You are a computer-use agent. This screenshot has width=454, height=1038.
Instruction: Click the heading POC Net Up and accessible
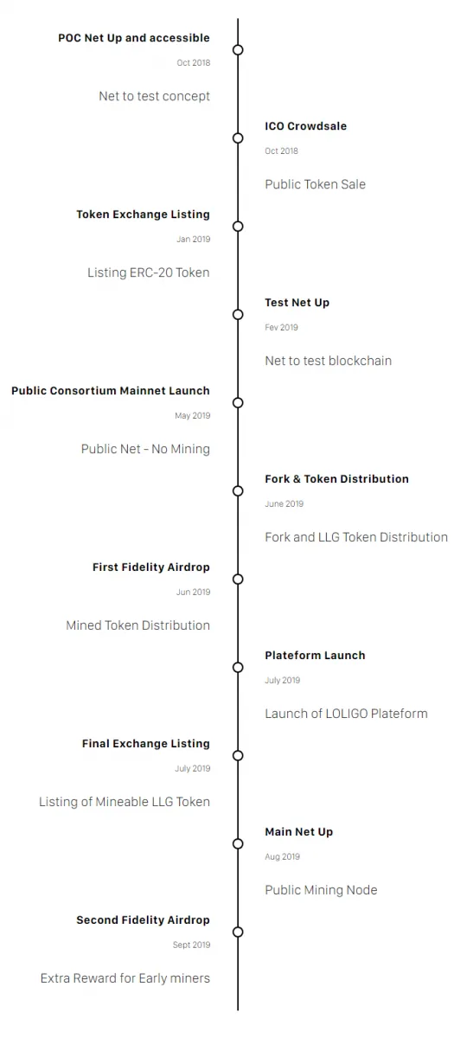tap(134, 38)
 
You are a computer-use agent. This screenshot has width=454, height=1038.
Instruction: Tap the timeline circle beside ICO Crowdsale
tap(238, 138)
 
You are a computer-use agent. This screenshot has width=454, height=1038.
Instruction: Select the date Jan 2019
tap(193, 239)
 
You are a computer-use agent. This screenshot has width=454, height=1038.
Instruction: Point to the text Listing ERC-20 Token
tap(148, 272)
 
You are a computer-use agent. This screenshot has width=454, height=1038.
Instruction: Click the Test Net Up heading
tap(297, 303)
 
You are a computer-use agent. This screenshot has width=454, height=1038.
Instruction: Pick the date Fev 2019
tap(281, 327)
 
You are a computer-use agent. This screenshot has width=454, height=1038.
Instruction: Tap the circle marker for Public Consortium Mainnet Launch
tap(238, 403)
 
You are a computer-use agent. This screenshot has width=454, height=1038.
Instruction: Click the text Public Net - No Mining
tap(145, 449)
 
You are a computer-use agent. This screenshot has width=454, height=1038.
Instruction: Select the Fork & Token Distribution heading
tap(336, 478)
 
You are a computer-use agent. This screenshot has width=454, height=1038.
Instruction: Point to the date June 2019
tap(284, 503)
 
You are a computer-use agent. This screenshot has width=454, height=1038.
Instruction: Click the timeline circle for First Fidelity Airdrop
tap(238, 580)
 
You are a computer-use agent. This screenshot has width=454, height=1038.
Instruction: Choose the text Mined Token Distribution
tap(138, 625)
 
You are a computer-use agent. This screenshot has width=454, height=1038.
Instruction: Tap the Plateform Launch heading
tap(315, 656)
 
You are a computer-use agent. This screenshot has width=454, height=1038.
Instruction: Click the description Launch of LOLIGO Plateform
tap(346, 714)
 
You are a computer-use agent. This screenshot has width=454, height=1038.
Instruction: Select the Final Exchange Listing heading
tap(146, 744)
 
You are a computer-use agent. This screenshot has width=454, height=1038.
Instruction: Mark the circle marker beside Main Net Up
tap(238, 844)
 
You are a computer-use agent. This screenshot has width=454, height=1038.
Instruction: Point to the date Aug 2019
tap(282, 857)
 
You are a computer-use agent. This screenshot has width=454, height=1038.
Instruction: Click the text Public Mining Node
tap(321, 890)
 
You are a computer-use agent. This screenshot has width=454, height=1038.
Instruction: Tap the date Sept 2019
tap(191, 945)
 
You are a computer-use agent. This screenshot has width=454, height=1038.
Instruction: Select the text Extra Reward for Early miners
tap(125, 978)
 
